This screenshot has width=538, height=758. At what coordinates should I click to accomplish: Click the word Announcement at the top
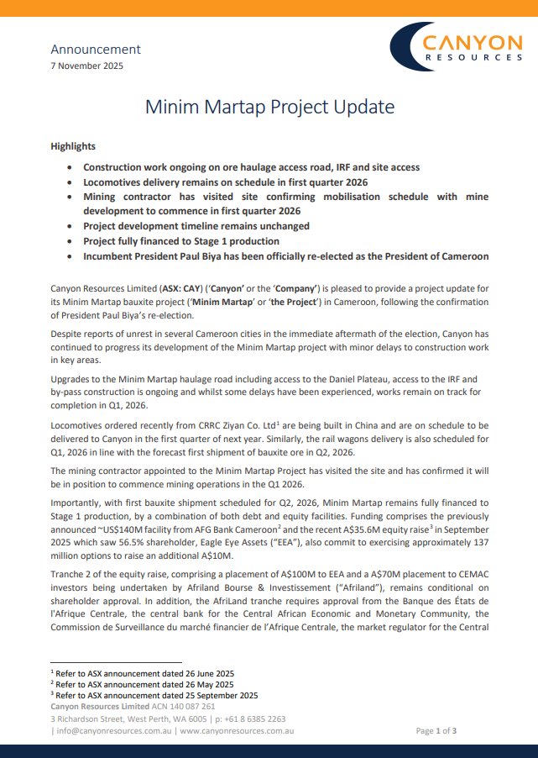[x=96, y=50]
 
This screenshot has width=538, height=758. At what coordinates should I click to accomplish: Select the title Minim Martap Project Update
[x=269, y=108]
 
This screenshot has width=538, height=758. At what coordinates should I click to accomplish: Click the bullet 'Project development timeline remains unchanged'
[x=196, y=226]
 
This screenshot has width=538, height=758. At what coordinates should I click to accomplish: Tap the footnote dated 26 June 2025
[x=144, y=673]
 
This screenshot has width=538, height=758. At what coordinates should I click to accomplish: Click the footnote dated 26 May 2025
[x=141, y=684]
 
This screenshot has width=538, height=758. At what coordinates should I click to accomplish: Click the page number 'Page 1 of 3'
[x=436, y=731]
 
